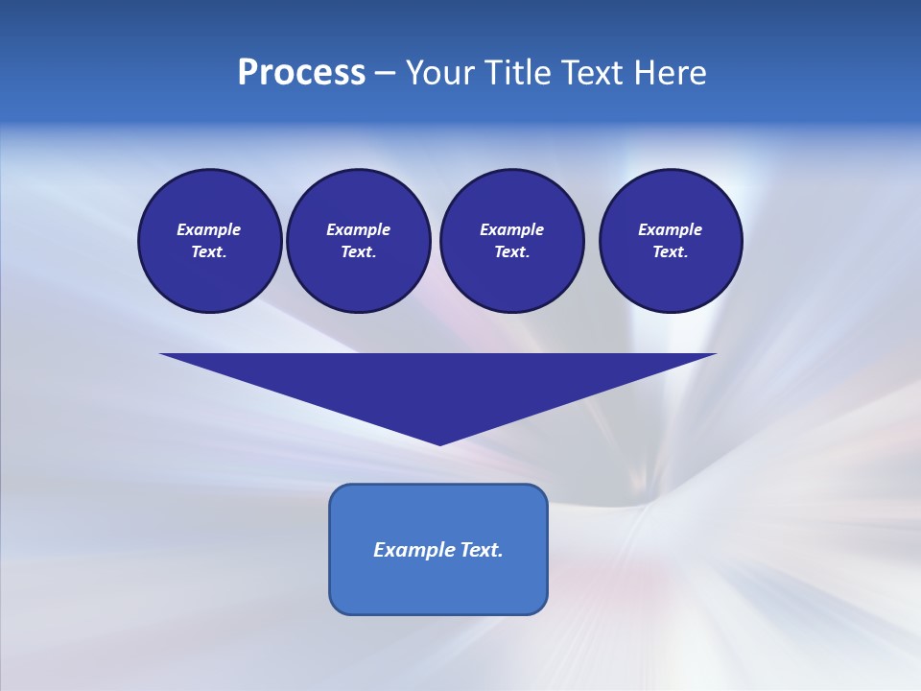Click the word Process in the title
(301, 73)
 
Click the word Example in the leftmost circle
(209, 229)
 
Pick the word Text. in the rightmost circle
(671, 252)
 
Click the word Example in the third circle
(511, 229)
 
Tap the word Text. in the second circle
(358, 252)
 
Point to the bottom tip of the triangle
(439, 442)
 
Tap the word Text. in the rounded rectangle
(482, 550)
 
